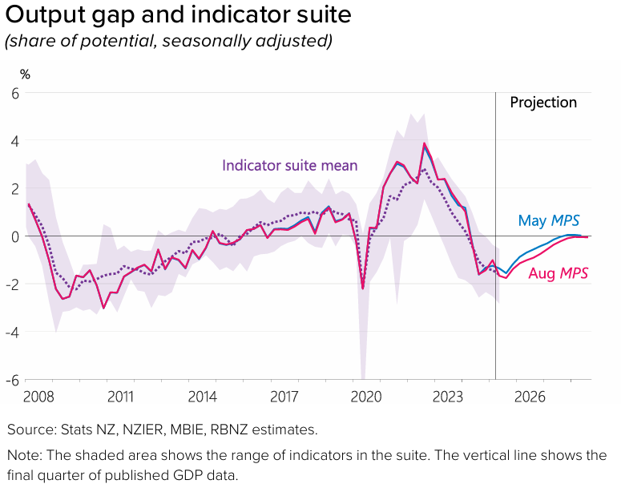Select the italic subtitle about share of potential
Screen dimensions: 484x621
(168, 40)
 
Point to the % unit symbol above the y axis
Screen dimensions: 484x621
(25, 75)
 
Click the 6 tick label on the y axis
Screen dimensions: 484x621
(14, 93)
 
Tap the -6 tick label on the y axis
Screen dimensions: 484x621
(12, 380)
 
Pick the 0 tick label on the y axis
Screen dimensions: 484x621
(14, 236)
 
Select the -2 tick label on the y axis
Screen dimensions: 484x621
(12, 284)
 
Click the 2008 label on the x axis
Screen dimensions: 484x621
(38, 397)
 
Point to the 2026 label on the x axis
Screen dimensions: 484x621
(530, 397)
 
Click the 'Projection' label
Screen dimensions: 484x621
(543, 103)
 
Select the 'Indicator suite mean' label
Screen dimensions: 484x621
(289, 166)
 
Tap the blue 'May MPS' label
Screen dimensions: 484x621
(549, 220)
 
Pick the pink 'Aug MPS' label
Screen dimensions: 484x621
(558, 273)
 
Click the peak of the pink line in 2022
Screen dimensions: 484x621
(424, 144)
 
